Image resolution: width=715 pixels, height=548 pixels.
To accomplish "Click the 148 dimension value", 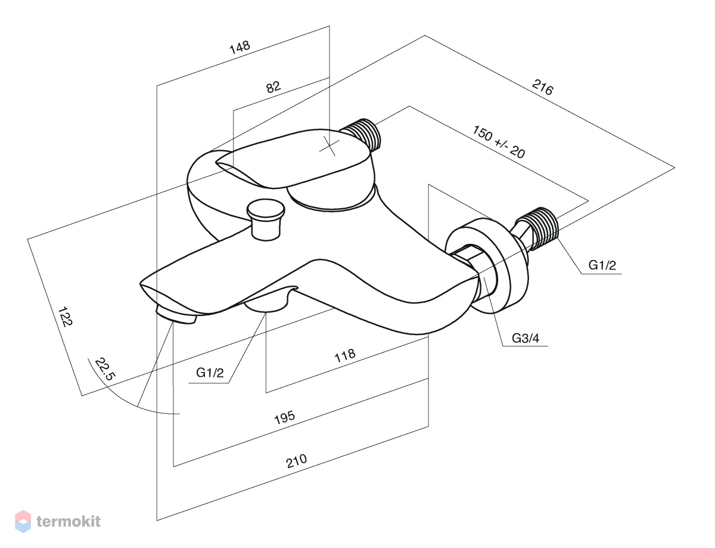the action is point(240,47).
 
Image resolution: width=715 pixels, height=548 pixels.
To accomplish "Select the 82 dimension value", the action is point(273,87).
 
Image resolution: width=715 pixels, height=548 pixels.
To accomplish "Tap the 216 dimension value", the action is point(543,88).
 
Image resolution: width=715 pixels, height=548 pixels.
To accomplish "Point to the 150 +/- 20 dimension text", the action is point(499,142).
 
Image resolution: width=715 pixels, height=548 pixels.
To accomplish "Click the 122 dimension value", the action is point(65,317).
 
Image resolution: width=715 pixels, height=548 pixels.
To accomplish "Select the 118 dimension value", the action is point(345,355).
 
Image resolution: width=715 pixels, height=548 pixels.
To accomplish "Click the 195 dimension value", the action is point(285,417).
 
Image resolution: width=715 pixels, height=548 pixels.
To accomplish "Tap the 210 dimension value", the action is point(297,461).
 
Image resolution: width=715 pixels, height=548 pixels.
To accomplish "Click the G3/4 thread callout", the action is point(526,338).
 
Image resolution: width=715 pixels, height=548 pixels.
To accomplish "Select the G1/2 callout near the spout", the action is point(210,373).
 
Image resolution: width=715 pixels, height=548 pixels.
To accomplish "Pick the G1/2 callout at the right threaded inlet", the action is point(602,265).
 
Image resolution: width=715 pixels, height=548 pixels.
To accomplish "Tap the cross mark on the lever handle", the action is point(329,147).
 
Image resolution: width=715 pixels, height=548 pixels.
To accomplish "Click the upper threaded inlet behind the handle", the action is point(361,135).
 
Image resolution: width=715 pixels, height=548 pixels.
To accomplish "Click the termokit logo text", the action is point(69,522).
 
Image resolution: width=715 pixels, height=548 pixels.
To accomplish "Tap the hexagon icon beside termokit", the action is point(23,521).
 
